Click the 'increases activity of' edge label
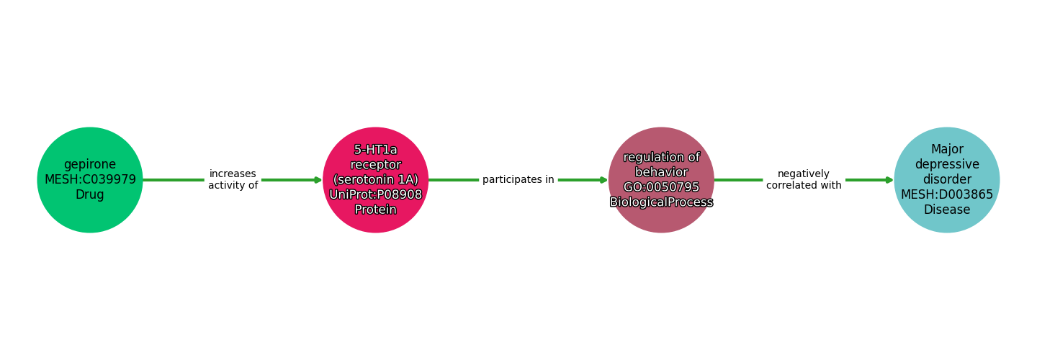pyautogui.click(x=233, y=180)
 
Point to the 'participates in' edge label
pyautogui.click(x=518, y=180)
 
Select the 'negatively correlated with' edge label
pyautogui.click(x=804, y=180)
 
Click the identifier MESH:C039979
pyautogui.click(x=90, y=180)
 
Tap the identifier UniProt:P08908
pyautogui.click(x=375, y=195)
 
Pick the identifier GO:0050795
pyautogui.click(x=661, y=187)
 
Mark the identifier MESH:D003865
pyautogui.click(x=947, y=195)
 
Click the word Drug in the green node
pyautogui.click(x=90, y=195)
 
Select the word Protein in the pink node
pyautogui.click(x=375, y=210)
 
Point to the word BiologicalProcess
pyautogui.click(x=661, y=202)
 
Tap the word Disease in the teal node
pyautogui.click(x=947, y=210)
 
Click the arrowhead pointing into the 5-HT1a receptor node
pyautogui.click(x=318, y=180)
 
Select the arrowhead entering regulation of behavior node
pyautogui.click(x=603, y=180)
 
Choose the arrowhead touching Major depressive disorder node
pyautogui.click(x=889, y=180)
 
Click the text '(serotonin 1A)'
pyautogui.click(x=375, y=180)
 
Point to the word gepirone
pyautogui.click(x=90, y=165)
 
